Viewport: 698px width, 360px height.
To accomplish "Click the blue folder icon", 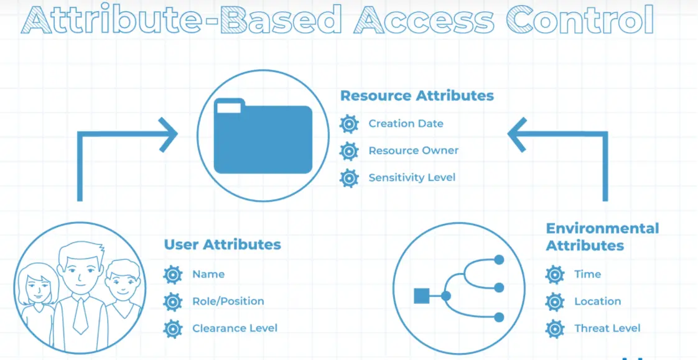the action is (x=263, y=136).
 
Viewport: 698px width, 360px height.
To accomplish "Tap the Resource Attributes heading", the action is (x=417, y=96).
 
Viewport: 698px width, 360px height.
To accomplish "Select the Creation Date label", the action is (x=406, y=123).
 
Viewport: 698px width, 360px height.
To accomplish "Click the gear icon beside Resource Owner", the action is (x=349, y=151).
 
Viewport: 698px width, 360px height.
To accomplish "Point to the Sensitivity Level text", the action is (x=412, y=178).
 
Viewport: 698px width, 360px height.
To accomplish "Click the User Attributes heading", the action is (x=223, y=244).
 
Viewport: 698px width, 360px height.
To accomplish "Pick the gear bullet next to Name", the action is (x=173, y=275).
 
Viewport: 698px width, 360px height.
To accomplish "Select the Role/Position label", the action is (x=228, y=302).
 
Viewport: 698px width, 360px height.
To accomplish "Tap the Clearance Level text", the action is (x=235, y=328).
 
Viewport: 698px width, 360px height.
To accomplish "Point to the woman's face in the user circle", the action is (x=37, y=287).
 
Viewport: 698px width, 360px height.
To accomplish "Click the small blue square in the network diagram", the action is (x=422, y=296).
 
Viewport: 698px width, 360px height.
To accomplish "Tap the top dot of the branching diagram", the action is (x=499, y=259).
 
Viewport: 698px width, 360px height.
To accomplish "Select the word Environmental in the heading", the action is (x=602, y=229).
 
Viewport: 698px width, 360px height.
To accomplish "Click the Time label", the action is (x=588, y=275).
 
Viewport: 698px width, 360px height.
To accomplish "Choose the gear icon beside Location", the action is (x=555, y=302).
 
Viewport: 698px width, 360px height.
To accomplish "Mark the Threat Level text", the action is (x=607, y=328).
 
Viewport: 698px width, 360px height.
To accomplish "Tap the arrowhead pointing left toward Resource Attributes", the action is (x=517, y=134).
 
